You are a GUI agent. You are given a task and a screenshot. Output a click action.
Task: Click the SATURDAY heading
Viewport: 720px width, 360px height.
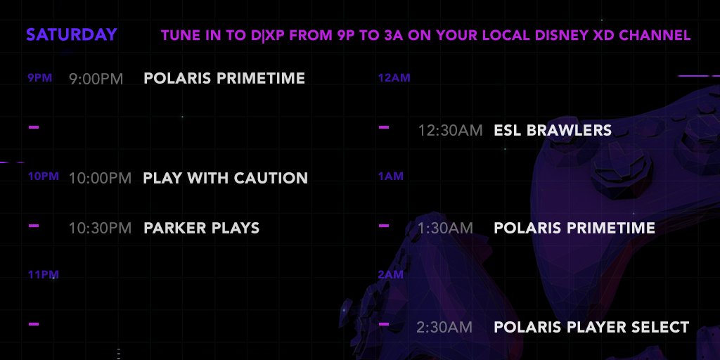coord(72,35)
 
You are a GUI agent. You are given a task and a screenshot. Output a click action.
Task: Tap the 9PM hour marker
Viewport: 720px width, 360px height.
coord(40,77)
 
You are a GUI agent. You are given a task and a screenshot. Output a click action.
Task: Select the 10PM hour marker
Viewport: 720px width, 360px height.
coord(43,176)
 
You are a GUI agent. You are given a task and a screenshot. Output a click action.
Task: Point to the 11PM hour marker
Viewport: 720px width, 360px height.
coord(43,275)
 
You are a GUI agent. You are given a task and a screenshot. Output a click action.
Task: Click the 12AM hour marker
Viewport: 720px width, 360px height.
coord(394,77)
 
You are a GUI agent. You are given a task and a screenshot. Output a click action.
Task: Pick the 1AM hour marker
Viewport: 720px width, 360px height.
coord(391,176)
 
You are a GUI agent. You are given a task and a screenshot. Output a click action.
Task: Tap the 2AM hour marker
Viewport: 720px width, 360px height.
coord(391,275)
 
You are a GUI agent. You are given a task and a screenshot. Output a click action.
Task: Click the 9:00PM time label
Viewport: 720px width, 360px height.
coord(96,79)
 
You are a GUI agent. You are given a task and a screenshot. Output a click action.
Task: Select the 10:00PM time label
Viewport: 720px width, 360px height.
coord(100,178)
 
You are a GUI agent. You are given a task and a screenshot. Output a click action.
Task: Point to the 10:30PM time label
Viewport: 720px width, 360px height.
coord(100,228)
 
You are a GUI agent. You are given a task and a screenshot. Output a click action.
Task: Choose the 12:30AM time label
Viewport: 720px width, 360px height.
coord(450,130)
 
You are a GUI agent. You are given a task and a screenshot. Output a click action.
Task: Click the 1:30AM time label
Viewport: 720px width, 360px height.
coord(445,228)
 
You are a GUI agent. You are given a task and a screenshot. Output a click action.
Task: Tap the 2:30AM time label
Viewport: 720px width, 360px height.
coord(444,327)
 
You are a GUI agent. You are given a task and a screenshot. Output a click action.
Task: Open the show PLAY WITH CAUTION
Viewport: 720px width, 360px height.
coord(226,178)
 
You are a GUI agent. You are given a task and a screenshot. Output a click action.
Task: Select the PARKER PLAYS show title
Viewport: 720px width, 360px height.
coord(202,228)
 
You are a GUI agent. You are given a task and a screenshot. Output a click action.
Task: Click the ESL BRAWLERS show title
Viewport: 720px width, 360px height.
coord(553,130)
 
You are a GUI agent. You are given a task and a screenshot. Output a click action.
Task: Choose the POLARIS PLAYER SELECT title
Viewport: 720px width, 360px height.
coord(591,327)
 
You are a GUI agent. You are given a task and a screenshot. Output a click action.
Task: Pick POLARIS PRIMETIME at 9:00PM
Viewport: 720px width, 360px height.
coord(224,78)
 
